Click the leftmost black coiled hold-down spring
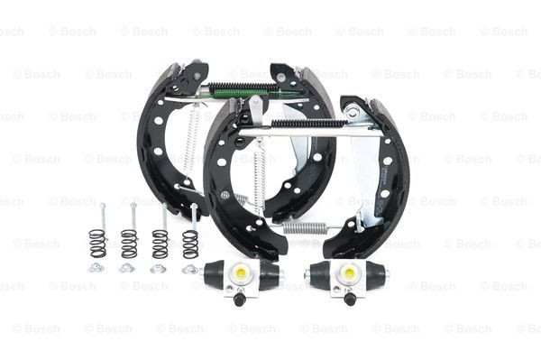click(97, 243)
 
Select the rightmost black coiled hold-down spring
click(190, 243)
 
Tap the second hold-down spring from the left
click(129, 243)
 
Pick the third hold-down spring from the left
click(160, 243)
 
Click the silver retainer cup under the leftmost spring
click(96, 267)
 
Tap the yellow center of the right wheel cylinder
click(348, 272)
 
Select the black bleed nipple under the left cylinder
click(240, 299)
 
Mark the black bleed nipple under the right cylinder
click(349, 299)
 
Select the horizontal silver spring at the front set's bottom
click(305, 227)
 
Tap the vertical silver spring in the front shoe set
click(261, 180)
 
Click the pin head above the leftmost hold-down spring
click(102, 207)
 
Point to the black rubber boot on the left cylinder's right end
click(270, 274)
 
